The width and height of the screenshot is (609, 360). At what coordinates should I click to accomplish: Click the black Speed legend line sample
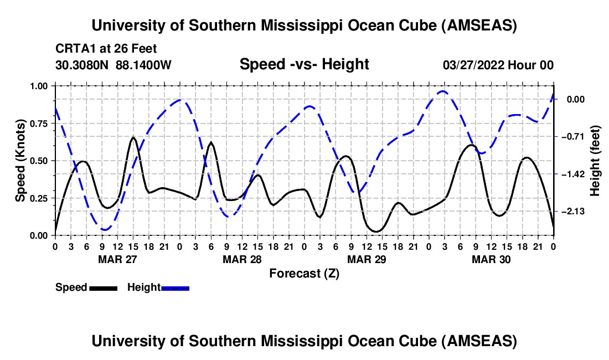point(102,287)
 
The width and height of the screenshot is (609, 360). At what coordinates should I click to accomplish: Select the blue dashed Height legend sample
point(175,287)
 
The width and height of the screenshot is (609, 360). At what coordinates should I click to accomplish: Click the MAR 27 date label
point(117,259)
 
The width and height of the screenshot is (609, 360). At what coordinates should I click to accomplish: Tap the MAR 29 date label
point(367,259)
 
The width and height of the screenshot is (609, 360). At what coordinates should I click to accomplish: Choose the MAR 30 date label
point(491,259)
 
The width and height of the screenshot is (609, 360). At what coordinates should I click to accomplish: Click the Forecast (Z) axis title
point(304,273)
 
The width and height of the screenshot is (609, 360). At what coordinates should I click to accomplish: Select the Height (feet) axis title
point(595,161)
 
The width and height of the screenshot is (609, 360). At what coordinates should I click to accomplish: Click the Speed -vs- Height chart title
point(304,64)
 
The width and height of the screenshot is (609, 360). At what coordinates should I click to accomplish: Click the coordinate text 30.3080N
point(83,65)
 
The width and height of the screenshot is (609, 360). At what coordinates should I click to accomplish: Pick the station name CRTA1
point(73,49)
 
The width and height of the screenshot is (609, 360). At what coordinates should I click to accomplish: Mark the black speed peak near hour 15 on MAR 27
point(133,137)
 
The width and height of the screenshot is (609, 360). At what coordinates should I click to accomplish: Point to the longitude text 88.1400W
point(143,65)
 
